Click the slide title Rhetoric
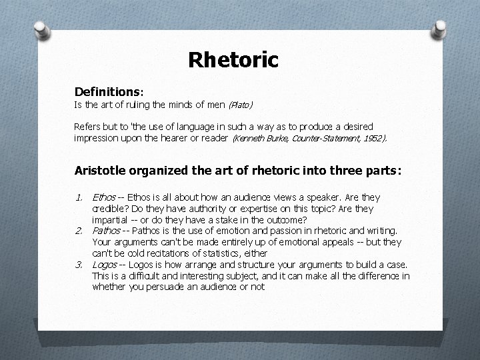tap(233, 60)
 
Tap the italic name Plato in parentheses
tap(241, 105)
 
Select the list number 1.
tap(79, 198)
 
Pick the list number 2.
tap(79, 231)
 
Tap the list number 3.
tap(79, 264)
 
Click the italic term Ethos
tap(103, 198)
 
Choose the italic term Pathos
tap(107, 231)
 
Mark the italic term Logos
tap(105, 264)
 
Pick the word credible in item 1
tap(107, 209)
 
